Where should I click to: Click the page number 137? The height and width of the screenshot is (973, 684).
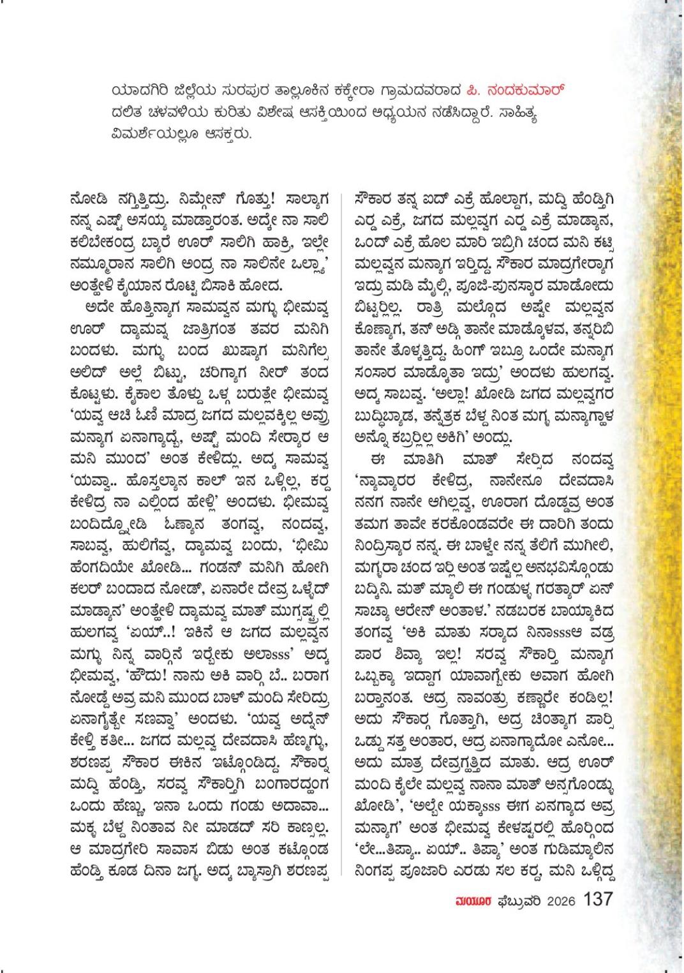(598, 900)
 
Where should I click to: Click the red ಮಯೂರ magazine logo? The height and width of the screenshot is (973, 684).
(472, 901)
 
